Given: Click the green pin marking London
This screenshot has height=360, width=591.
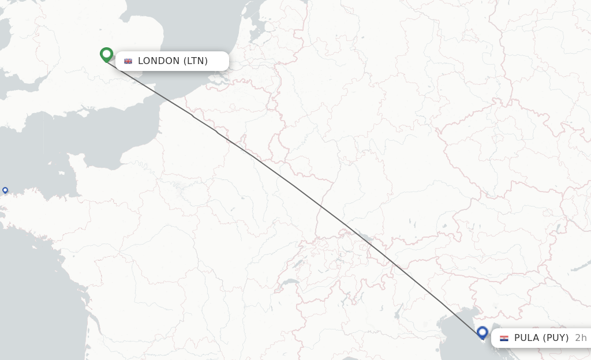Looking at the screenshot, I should (x=106, y=54).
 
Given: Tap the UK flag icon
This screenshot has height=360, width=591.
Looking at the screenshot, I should (x=128, y=61).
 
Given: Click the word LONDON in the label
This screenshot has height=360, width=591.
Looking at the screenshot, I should (x=159, y=61).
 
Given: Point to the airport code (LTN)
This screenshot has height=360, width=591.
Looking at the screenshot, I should (x=196, y=61).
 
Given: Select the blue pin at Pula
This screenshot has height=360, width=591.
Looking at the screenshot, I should (x=482, y=332).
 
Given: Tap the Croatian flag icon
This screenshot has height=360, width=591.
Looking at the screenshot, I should (x=504, y=338).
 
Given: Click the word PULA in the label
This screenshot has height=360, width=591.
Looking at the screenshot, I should (x=526, y=338).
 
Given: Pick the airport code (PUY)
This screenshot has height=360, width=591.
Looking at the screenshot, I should (x=556, y=338).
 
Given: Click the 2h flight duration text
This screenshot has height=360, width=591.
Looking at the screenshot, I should (x=581, y=338).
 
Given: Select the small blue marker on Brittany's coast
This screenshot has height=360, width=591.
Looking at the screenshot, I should (x=5, y=190).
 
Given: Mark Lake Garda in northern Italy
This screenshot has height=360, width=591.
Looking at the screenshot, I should (x=398, y=312).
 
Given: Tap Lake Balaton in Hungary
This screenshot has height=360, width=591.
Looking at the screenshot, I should (x=558, y=272).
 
